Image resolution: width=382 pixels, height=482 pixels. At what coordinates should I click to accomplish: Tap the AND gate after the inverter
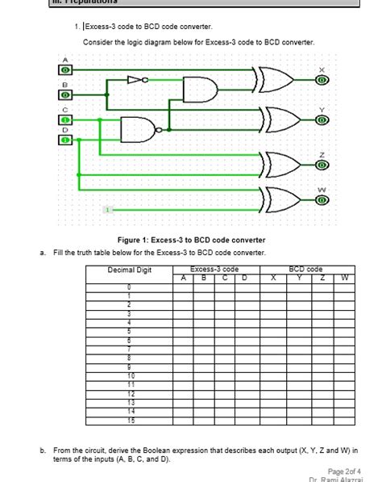(x=199, y=89)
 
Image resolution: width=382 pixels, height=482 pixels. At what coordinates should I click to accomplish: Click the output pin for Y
(x=322, y=119)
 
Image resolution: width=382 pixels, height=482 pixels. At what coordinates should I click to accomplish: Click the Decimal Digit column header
(x=129, y=270)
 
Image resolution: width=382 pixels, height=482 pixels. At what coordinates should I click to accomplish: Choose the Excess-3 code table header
(x=214, y=268)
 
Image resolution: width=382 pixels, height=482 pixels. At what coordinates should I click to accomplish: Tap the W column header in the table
(x=344, y=278)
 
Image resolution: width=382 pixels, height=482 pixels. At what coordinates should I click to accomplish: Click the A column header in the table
(x=183, y=278)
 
